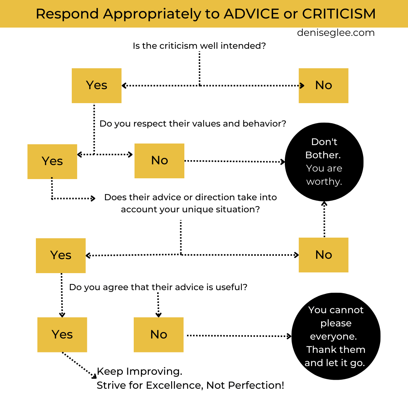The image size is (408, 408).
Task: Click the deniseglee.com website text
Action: pos(335,33)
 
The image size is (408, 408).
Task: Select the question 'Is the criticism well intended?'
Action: pos(199,46)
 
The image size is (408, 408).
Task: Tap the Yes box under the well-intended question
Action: pos(97,85)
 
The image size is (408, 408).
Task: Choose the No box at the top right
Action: pos(323,85)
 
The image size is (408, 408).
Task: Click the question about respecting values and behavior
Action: pos(193,124)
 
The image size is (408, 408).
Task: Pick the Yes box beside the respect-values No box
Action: pos(52,161)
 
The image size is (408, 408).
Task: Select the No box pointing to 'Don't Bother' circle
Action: pos(159,161)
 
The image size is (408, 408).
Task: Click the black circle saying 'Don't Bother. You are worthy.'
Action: pos(324,162)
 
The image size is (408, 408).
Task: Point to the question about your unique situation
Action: pos(190,203)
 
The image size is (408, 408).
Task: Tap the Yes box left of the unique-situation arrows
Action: pos(61,255)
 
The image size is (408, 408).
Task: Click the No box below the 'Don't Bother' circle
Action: pos(323,255)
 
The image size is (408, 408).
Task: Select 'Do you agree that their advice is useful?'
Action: pos(158,287)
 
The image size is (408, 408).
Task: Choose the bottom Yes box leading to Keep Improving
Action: pos(62,335)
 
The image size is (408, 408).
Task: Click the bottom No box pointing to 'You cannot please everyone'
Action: pos(159,335)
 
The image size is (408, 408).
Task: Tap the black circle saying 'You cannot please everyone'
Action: pos(336,336)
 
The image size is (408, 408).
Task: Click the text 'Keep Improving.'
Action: pos(139,371)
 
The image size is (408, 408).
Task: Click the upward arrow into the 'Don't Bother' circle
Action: pos(324,219)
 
